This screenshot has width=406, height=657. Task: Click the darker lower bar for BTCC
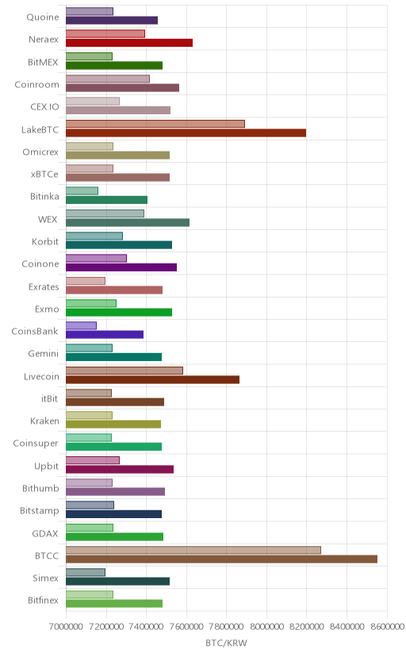(x=221, y=559)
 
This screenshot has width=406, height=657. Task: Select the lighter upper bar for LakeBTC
(x=155, y=124)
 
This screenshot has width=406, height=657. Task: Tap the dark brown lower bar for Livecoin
(x=152, y=379)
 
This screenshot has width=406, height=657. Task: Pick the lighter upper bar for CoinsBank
(x=81, y=325)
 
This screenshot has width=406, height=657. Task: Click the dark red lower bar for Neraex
(x=129, y=43)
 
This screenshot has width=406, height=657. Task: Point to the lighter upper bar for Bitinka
(x=82, y=190)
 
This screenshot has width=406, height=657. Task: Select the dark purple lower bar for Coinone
(x=121, y=267)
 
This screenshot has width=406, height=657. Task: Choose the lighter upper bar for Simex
(x=86, y=572)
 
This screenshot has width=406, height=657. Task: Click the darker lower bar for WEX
(x=128, y=222)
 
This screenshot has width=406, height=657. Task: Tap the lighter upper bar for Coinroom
(x=108, y=79)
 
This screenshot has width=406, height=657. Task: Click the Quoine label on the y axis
(x=43, y=17)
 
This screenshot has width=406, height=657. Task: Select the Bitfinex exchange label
(x=43, y=600)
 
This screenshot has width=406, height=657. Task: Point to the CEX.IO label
(x=44, y=107)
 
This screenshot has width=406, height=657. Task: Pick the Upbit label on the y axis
(x=47, y=466)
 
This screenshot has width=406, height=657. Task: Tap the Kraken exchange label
(x=44, y=421)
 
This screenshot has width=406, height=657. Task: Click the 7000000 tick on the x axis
(x=66, y=627)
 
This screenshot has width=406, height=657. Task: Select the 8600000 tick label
(x=387, y=627)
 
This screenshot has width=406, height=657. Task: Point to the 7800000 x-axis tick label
(x=227, y=627)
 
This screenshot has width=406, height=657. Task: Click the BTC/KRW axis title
(x=227, y=643)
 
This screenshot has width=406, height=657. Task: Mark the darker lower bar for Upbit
(x=120, y=469)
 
